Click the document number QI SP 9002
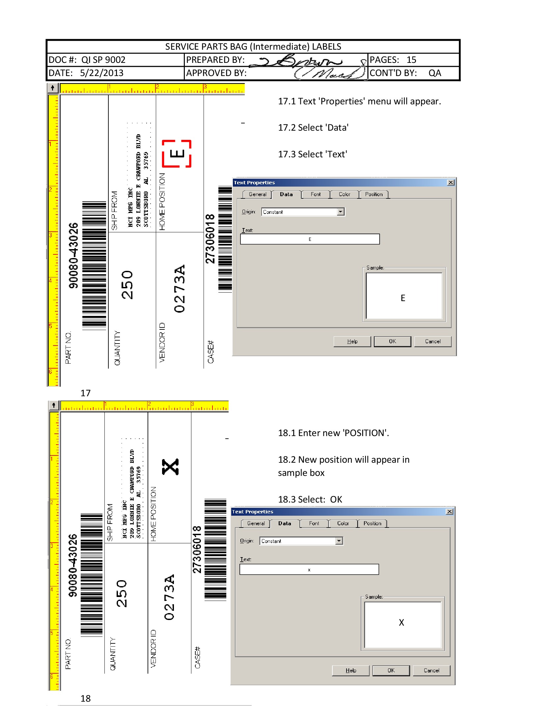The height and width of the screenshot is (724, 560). [x=103, y=60]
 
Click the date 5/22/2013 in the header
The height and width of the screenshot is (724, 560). [x=101, y=73]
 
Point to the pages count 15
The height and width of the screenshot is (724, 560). [x=411, y=60]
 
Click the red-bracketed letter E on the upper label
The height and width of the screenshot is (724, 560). [x=177, y=154]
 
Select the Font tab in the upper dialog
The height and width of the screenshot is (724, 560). [x=316, y=194]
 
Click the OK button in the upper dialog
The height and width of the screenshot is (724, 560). [x=392, y=341]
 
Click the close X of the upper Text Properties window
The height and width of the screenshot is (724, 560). [x=451, y=183]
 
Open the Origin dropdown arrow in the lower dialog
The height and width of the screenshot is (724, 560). [x=339, y=541]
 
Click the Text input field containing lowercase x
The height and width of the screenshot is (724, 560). [x=309, y=570]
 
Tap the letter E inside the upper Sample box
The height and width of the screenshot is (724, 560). [x=403, y=298]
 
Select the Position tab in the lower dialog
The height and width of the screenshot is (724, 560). [x=372, y=524]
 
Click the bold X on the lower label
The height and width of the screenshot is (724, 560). [x=171, y=467]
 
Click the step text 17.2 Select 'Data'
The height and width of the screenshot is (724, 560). [x=313, y=128]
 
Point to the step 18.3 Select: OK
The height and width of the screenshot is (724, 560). [x=310, y=499]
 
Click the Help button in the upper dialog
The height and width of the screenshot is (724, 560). [x=352, y=341]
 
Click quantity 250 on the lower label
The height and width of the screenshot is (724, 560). [x=122, y=593]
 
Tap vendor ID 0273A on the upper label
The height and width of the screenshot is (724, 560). [x=180, y=288]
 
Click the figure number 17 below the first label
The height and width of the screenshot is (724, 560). [x=85, y=393]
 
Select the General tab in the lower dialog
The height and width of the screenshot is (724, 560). [x=256, y=524]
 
